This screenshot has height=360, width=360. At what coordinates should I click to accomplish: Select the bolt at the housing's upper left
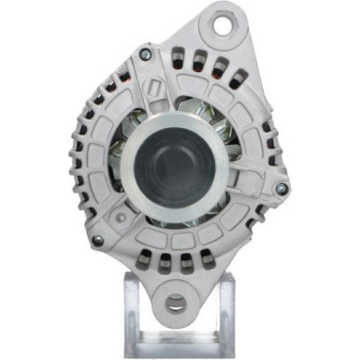click(144, 54)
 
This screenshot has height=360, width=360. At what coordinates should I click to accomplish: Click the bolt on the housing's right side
click(281, 189)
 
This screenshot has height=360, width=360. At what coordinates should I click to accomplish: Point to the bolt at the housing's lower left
click(97, 240)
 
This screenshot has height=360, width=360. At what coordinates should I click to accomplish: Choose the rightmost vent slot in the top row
click(241, 82)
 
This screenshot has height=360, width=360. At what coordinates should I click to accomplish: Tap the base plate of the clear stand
click(177, 348)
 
